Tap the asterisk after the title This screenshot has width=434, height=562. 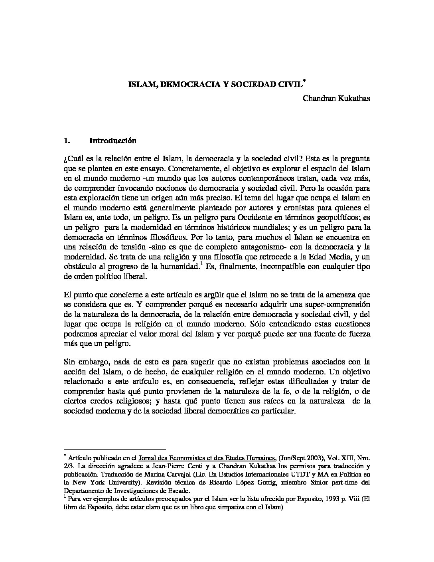pyautogui.click(x=304, y=81)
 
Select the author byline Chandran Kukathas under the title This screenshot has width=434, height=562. pyautogui.click(x=336, y=98)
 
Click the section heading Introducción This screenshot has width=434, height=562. pyautogui.click(x=113, y=140)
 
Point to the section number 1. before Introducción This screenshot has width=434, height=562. pyautogui.click(x=67, y=140)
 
